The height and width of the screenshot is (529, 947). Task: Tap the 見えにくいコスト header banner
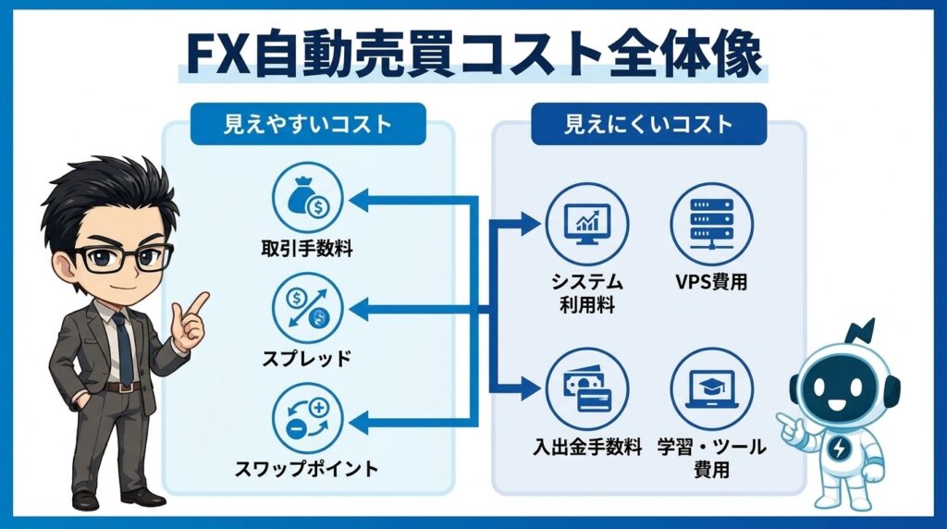click(648, 124)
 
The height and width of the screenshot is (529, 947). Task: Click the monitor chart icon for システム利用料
click(586, 226)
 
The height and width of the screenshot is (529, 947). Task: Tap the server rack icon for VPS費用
click(711, 226)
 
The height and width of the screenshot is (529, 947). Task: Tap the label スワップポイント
click(306, 469)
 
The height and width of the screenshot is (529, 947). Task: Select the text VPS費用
click(711, 282)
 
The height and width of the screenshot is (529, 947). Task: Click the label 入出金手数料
click(586, 448)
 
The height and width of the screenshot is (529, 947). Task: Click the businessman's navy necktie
click(123, 347)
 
